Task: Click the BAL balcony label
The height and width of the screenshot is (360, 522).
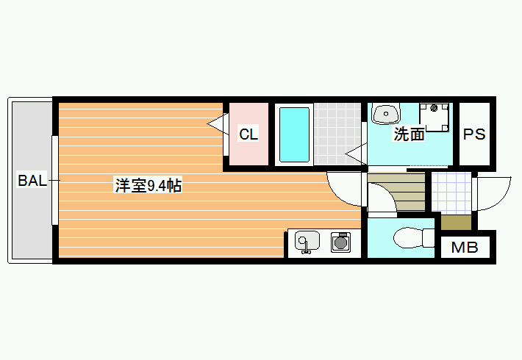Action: coord(32,181)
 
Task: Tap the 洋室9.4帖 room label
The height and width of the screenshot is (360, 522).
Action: coord(148,185)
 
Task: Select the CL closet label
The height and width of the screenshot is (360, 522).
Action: coord(249,134)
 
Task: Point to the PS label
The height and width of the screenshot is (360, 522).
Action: coord(474,134)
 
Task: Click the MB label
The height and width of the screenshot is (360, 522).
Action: coord(465,247)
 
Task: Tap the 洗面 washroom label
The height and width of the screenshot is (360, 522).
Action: coord(409,134)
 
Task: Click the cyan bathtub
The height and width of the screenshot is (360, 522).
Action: coord(294,134)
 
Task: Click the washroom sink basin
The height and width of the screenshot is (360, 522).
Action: coord(386,114)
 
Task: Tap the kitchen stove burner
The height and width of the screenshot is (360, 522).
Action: coord(340,242)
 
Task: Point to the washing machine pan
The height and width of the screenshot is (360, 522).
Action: coord(434,117)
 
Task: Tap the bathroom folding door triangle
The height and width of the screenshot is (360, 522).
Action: coord(357,154)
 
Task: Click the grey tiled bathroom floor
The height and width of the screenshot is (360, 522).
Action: coord(337,134)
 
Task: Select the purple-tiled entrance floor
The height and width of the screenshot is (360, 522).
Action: coord(451,193)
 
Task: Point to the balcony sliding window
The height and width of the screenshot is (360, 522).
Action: coord(55,180)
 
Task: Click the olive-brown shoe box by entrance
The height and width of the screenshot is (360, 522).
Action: coord(456,223)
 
